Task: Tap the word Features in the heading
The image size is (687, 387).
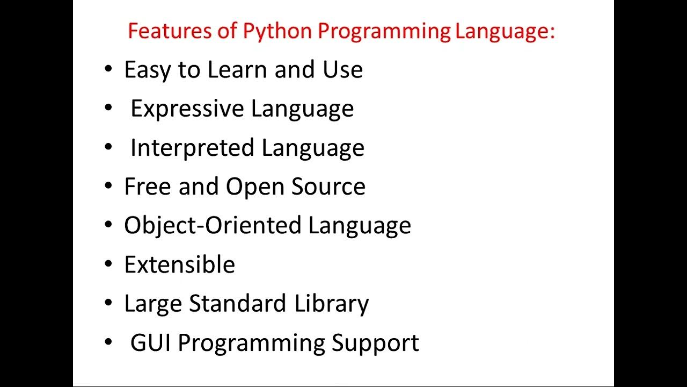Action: point(163,31)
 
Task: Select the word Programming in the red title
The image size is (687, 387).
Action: point(384,31)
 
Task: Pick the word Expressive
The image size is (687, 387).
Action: point(187,109)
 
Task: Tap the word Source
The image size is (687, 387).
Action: point(328,187)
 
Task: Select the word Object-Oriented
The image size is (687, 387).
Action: point(213,225)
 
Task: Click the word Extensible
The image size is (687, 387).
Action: point(179,264)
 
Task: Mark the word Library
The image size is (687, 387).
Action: point(332,303)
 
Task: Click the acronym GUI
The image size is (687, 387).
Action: point(151,342)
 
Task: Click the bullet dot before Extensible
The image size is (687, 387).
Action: point(109,264)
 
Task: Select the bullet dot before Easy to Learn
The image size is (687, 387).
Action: point(109,70)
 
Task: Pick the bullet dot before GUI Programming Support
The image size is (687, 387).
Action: point(109,342)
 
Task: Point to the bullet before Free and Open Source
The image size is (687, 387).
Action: point(109,187)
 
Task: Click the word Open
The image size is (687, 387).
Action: point(255,187)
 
